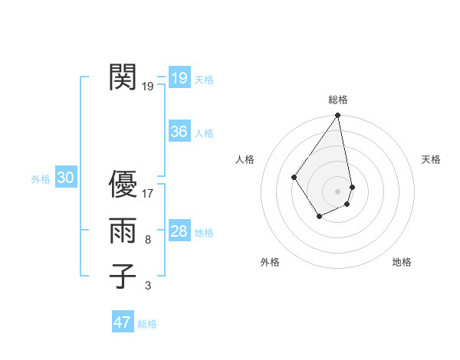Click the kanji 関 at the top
[x=123, y=77]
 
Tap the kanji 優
[x=123, y=185]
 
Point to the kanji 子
[x=123, y=276]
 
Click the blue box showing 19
[x=179, y=77]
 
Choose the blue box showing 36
[x=179, y=132]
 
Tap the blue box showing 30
[x=66, y=178]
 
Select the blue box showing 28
[x=179, y=231]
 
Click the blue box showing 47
[x=123, y=322]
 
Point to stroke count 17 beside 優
[x=148, y=194]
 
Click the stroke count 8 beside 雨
[x=148, y=240]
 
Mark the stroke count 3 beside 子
[x=148, y=286]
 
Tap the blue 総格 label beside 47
[x=147, y=324]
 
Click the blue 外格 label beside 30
[x=41, y=179]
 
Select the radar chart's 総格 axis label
[x=338, y=100]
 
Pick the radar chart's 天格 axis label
[x=432, y=159]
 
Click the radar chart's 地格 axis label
[x=402, y=263]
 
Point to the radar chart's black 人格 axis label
[x=245, y=159]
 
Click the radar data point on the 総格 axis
[x=338, y=116]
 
